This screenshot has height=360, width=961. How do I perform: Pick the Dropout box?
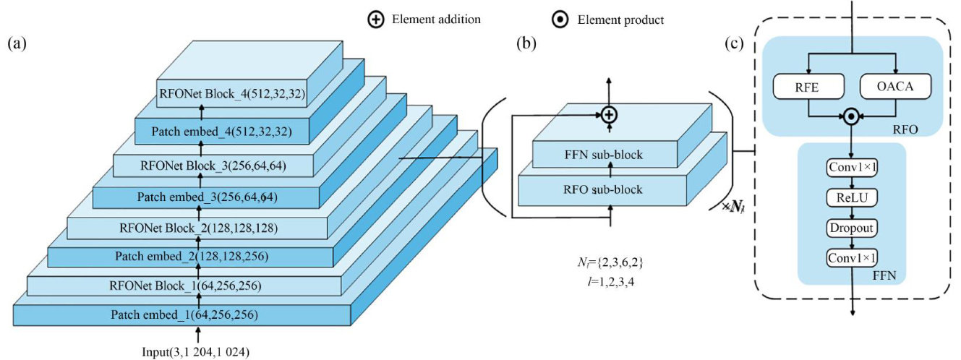[851, 228]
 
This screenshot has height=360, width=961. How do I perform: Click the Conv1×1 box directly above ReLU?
[851, 168]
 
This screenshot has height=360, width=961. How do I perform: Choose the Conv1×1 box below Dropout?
[851, 257]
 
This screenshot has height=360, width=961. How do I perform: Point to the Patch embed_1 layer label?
[185, 315]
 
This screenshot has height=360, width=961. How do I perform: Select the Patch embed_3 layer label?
[208, 196]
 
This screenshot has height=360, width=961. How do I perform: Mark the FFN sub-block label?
[602, 155]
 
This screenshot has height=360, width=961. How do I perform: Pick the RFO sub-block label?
[602, 190]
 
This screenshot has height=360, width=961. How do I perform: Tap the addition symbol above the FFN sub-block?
[609, 113]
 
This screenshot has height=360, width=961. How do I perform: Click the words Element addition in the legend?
[436, 20]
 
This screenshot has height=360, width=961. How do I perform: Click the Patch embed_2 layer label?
[191, 256]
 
